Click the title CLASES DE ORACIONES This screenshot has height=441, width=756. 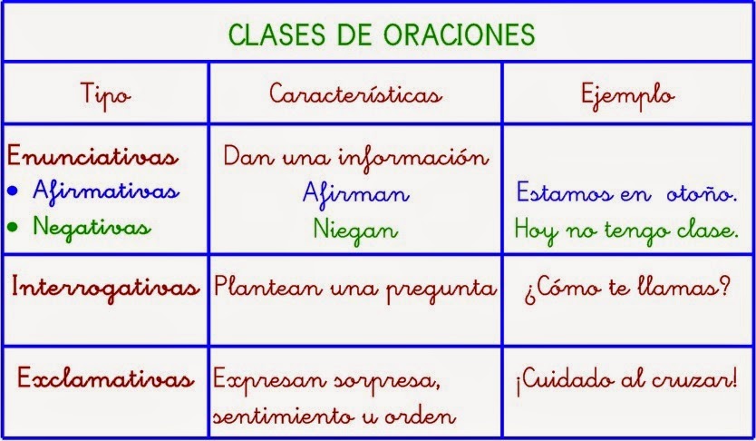381,34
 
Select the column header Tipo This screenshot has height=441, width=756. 105,94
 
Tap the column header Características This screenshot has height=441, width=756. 355,94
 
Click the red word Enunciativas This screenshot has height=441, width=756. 92,157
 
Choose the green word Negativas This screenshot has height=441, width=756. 92,225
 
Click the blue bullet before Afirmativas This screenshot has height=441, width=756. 13,191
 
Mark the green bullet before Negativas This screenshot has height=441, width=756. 13,225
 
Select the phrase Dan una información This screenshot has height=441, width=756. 355,156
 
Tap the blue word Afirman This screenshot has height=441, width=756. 355,193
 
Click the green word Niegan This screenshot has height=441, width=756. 355,230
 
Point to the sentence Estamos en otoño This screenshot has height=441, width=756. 626,193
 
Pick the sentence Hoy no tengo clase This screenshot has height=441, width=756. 626,230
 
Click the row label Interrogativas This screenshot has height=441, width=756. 105,289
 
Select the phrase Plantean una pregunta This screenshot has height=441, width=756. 355,289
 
